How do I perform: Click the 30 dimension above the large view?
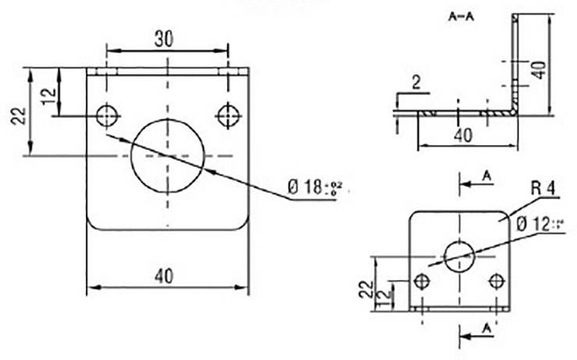pos(164,39)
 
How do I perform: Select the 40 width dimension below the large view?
pos(164,275)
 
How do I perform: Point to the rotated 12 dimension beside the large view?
pos(48,97)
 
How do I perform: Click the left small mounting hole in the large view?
pos(106,116)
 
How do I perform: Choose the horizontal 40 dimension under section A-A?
pos(462,135)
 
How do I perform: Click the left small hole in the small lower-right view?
pos(422,281)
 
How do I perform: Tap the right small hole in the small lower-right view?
pos(496,281)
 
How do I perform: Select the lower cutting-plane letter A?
pos(486,326)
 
